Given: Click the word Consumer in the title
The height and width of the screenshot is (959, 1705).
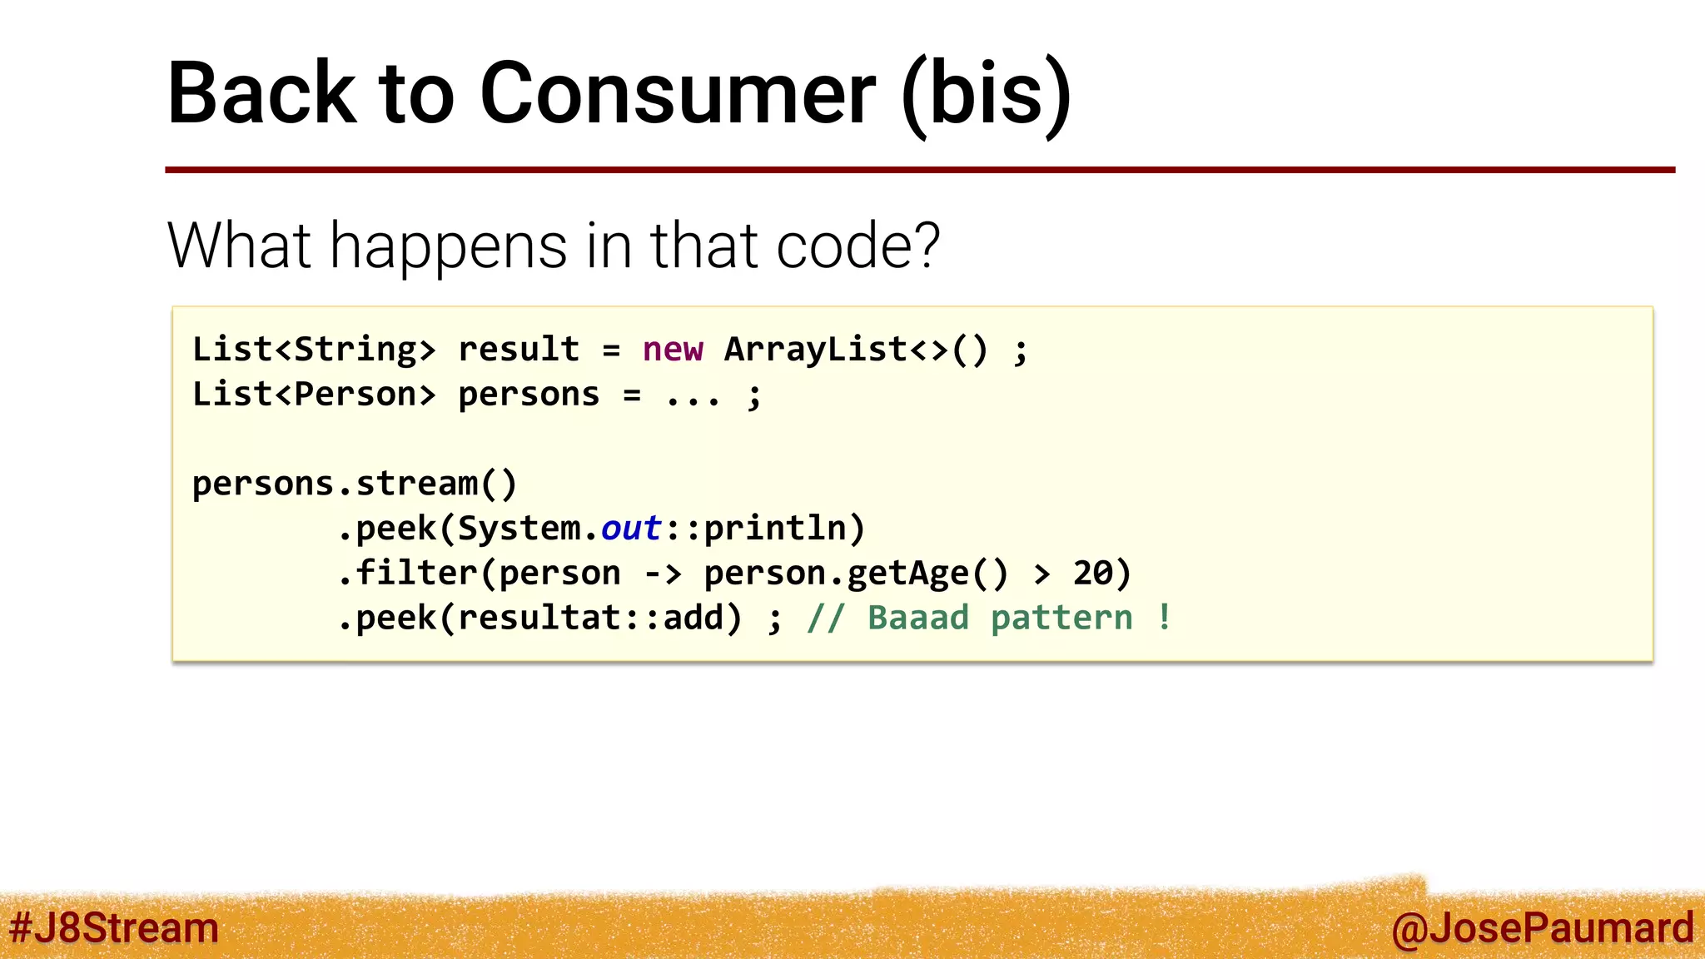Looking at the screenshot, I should click(x=677, y=93).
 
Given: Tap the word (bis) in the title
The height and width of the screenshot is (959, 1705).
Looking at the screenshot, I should click(x=987, y=93).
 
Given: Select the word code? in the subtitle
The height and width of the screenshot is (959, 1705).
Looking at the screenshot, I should click(x=857, y=246).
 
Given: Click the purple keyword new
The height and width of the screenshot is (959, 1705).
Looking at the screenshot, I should click(x=673, y=350).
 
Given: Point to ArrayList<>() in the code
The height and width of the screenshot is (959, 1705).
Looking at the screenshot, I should click(x=856, y=350).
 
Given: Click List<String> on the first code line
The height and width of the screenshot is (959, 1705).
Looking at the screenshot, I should click(x=314, y=350).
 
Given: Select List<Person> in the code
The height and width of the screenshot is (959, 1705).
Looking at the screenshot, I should click(x=314, y=395).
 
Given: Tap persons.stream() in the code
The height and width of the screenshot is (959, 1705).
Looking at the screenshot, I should click(x=355, y=484).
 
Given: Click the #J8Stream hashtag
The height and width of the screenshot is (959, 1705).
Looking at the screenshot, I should click(x=114, y=927).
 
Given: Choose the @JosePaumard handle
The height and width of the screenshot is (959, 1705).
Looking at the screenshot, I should click(x=1542, y=927).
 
